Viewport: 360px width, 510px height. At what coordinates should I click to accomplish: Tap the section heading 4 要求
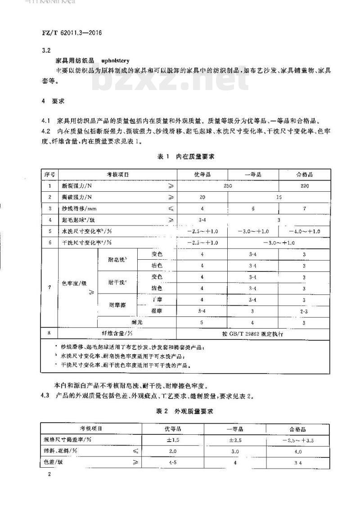click(x=52, y=102)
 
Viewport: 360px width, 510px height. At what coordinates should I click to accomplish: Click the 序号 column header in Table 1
click(x=49, y=174)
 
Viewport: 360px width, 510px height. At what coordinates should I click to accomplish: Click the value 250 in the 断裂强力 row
click(x=228, y=185)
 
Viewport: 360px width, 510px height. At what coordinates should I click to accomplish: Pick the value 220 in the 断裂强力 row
click(x=304, y=185)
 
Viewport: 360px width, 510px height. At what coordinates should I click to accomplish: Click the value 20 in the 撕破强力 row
click(x=202, y=197)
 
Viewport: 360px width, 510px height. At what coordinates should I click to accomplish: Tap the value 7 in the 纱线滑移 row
click(x=304, y=208)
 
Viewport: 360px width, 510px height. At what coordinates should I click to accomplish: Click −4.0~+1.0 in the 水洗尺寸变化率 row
click(x=304, y=231)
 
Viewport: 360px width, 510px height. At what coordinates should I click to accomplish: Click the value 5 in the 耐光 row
click(x=202, y=322)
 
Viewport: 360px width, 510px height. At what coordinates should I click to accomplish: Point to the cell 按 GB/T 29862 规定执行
click(x=254, y=334)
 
